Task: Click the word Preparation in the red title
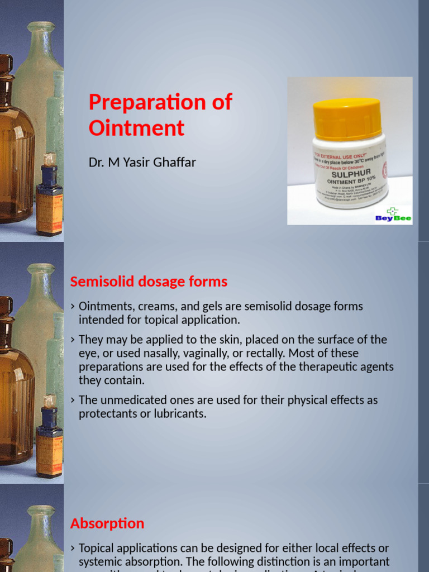tap(140, 103)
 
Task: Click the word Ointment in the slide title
tap(136, 128)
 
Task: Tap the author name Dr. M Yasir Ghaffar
tap(142, 163)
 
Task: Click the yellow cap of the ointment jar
tap(347, 118)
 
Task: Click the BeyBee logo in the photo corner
tap(393, 215)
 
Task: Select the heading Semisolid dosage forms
tap(149, 282)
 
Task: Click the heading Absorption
tap(107, 523)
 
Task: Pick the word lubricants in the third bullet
tap(180, 414)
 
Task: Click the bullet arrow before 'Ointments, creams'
tap(73, 307)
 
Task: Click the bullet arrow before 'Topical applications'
tap(73, 549)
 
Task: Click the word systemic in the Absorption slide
tap(99, 562)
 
